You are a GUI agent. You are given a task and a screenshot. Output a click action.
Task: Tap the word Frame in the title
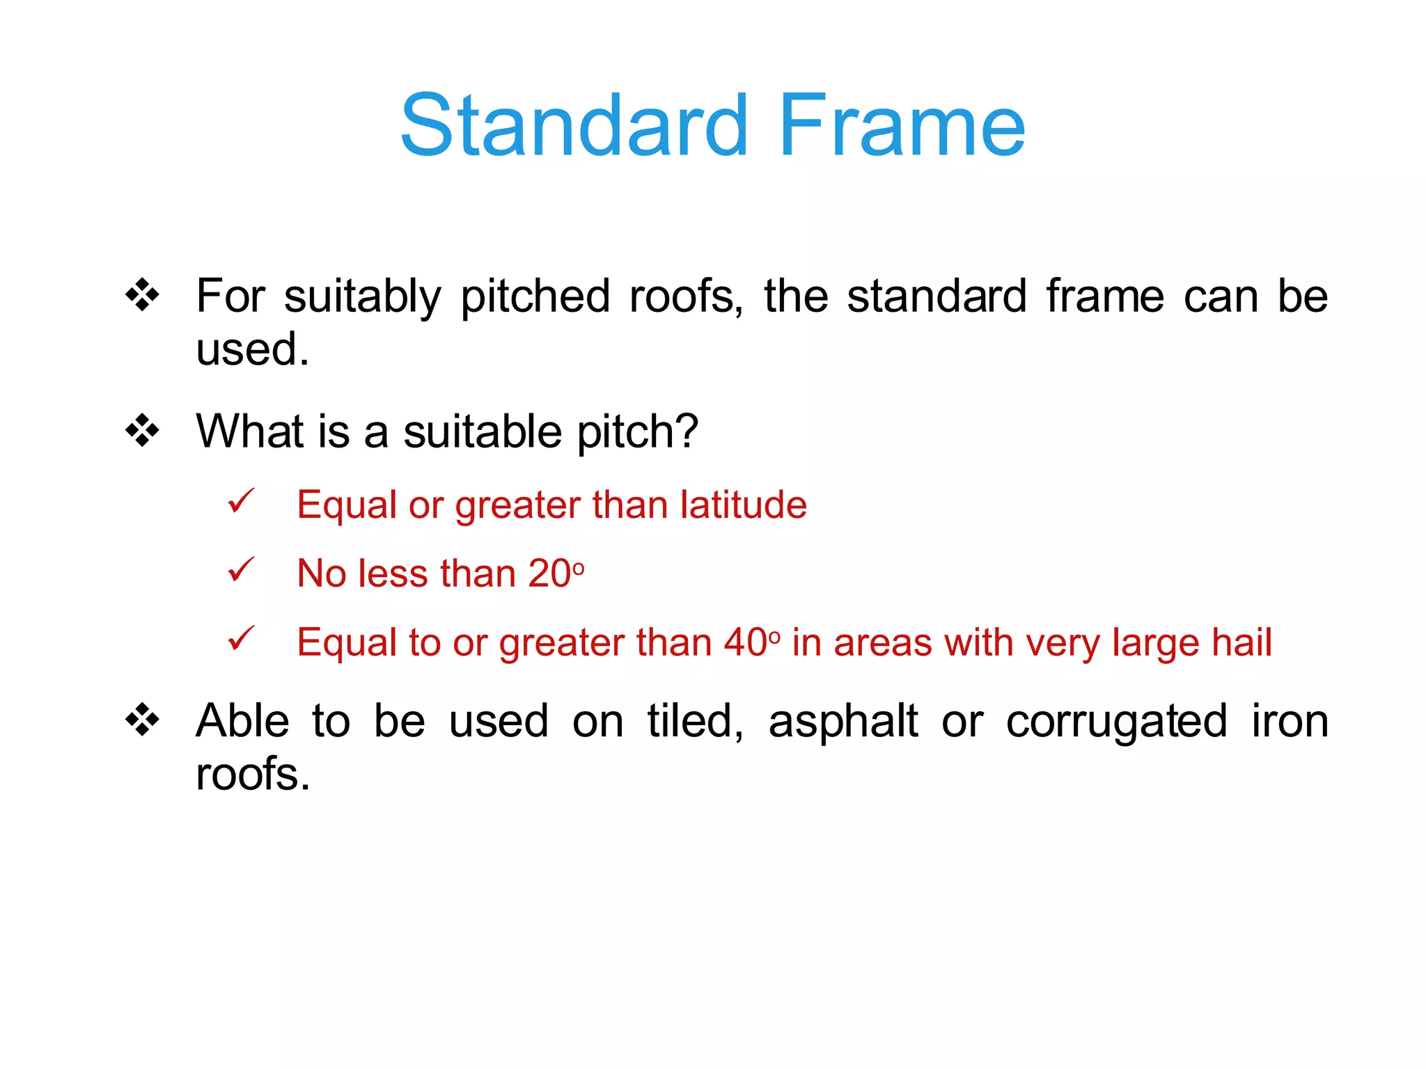pos(901,126)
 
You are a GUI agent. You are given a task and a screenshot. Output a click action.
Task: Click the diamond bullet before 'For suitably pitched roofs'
pos(142,295)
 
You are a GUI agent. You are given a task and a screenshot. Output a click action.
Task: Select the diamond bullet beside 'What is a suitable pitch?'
pos(142,431)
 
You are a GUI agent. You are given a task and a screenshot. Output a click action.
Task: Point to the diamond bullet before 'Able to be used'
pos(142,720)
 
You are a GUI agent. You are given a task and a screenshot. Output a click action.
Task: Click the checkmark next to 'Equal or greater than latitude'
pos(241,501)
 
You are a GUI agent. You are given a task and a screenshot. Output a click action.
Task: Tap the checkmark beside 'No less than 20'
pos(241,570)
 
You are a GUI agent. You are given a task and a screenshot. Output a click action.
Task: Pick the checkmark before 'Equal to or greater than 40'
pos(241,638)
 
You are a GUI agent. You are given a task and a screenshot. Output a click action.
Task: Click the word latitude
pos(743,505)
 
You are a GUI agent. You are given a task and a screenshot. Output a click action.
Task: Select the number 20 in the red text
pos(549,573)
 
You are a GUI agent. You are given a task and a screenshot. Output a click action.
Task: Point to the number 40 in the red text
pos(745,642)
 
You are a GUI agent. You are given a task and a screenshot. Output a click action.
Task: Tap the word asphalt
pos(843,722)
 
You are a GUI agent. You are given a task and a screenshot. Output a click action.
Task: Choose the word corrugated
pos(1116,722)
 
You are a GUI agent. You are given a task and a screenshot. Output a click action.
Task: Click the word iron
pos(1290,722)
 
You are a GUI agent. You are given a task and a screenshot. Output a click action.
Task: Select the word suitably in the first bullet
pos(362,297)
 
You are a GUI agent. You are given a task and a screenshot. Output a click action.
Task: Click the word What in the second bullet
pos(250,431)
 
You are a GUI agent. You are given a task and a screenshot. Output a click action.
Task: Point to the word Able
pos(242,722)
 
